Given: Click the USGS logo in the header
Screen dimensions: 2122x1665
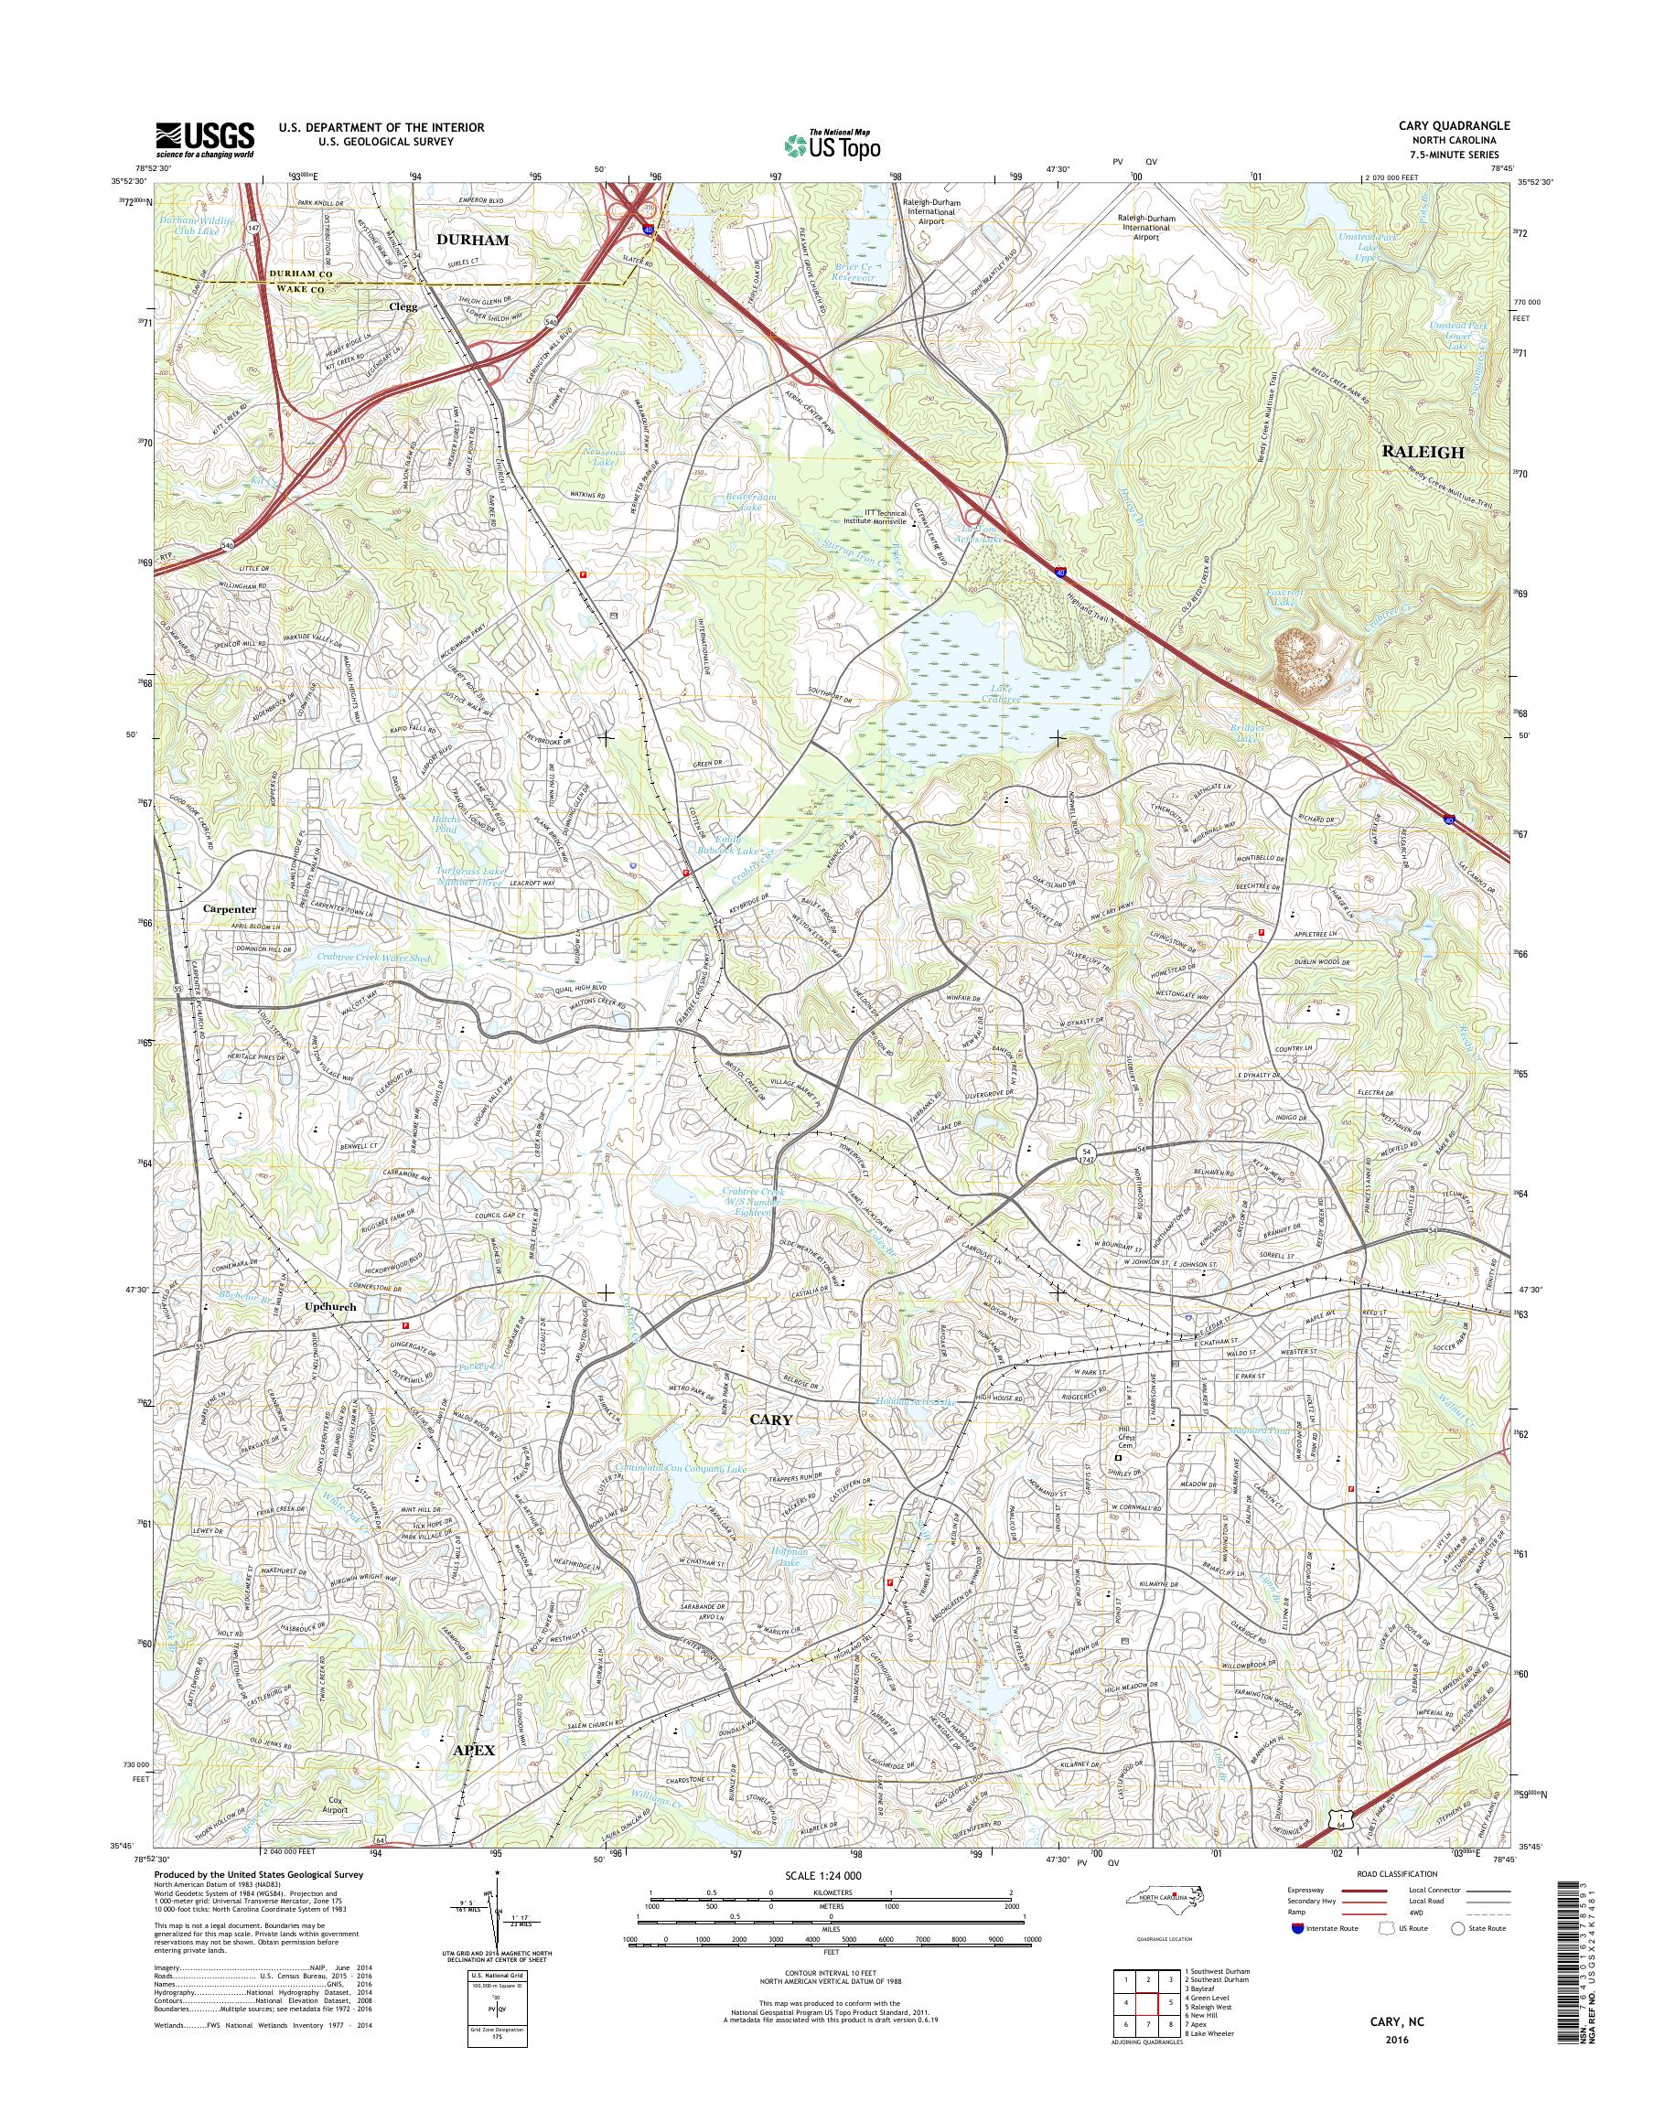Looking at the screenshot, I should click(x=205, y=139).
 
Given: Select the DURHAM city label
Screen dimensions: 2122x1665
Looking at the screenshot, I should click(x=473, y=240).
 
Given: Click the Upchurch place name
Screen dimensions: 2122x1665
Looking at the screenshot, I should click(x=330, y=1306).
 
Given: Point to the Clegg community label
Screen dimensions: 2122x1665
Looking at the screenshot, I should click(x=403, y=306).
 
